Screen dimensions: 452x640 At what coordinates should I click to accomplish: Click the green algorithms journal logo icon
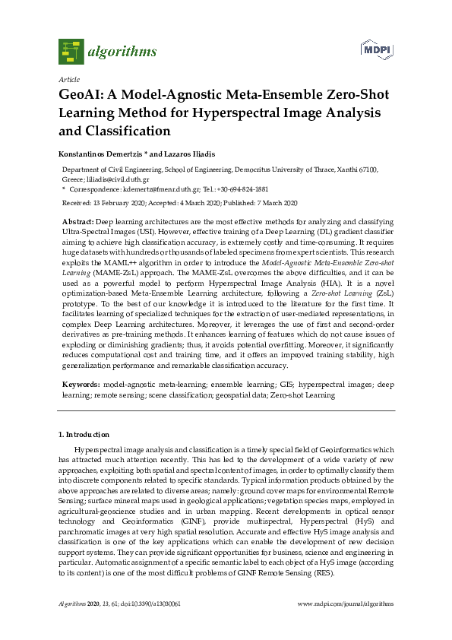(71, 51)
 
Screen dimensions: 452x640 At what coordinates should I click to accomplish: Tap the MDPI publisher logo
(377, 49)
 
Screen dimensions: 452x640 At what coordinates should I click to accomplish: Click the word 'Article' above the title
(68, 79)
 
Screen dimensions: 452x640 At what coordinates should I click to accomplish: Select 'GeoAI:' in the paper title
(83, 96)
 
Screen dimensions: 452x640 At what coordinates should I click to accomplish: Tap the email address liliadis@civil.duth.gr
(119, 179)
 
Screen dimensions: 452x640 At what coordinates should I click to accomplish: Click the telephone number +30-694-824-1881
(251, 189)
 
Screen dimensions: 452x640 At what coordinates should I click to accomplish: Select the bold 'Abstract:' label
(77, 220)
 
